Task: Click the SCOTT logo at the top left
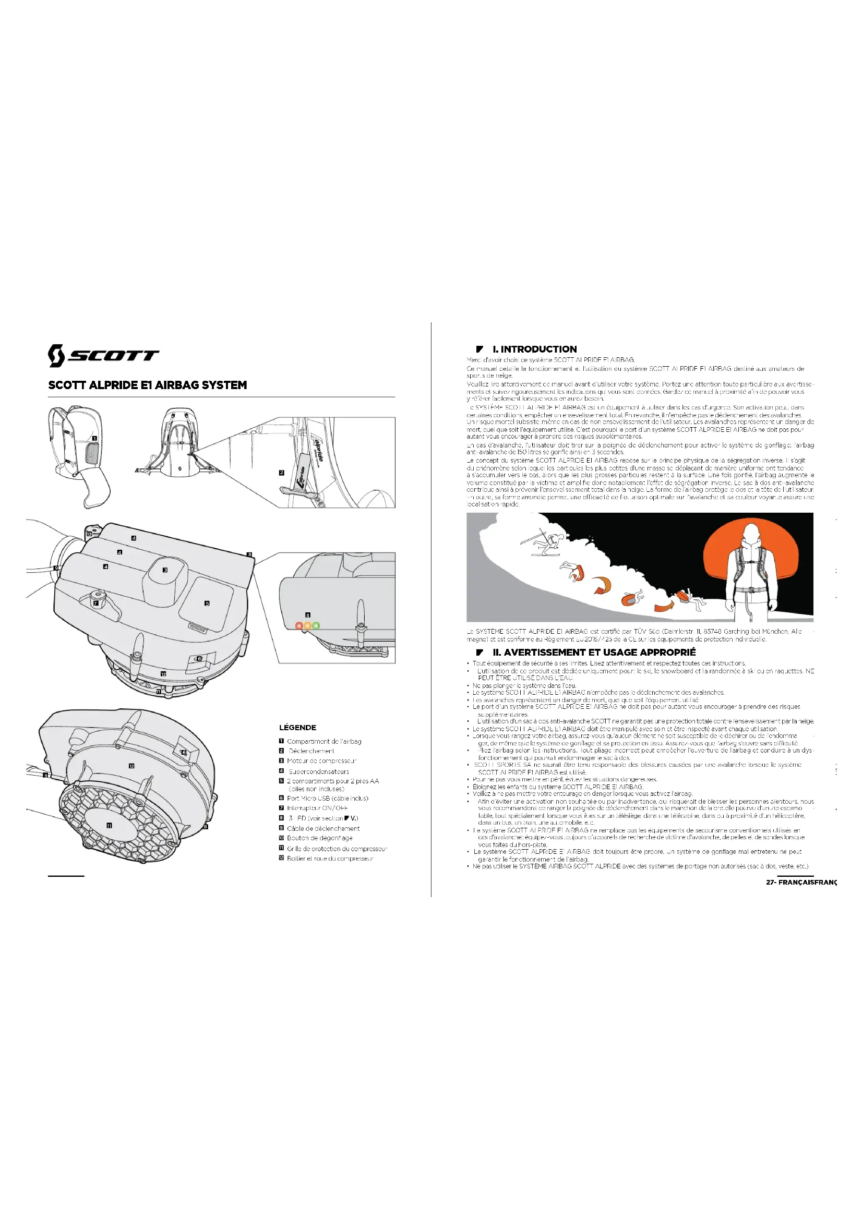tap(103, 356)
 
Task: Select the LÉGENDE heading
tap(297, 728)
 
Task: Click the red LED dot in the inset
tap(299, 625)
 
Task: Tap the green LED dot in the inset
tap(316, 625)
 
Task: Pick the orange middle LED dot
tap(308, 625)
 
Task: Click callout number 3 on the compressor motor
tap(165, 570)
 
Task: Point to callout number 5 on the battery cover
tap(207, 603)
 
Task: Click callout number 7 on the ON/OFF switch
tap(95, 603)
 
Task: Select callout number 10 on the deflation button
tap(89, 534)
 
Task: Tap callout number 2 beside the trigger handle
tap(282, 473)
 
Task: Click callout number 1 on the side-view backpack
tap(94, 438)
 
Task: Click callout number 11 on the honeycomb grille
tap(109, 826)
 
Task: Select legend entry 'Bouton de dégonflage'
tap(319, 838)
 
